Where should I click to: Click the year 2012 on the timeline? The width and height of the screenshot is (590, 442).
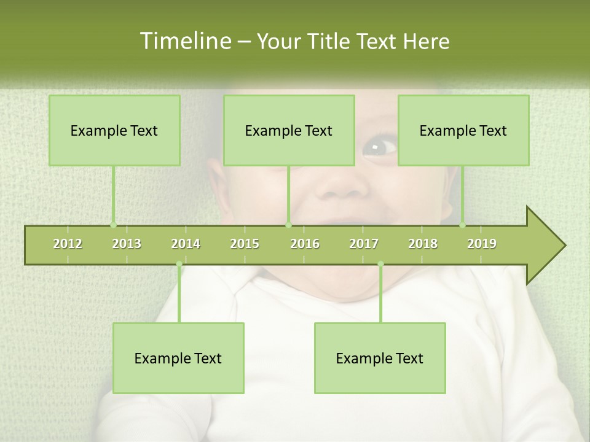(x=68, y=244)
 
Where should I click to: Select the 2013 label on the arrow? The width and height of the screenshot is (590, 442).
(x=127, y=244)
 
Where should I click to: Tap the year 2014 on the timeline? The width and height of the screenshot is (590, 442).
(x=186, y=244)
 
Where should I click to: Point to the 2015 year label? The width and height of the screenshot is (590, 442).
(x=245, y=244)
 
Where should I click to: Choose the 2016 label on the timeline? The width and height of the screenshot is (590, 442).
(x=305, y=244)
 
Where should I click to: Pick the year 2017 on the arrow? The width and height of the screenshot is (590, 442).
(x=364, y=244)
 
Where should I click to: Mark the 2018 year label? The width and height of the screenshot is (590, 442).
(x=423, y=244)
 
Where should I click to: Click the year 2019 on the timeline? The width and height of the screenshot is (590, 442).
(x=482, y=244)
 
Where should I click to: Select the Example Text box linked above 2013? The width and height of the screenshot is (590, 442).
(x=114, y=130)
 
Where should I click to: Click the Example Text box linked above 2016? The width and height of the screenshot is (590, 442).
(x=289, y=130)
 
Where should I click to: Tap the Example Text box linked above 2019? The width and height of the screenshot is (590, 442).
(x=463, y=130)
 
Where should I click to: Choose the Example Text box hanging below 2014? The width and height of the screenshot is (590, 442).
(x=178, y=358)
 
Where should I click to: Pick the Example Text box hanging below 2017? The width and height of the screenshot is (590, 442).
(x=380, y=358)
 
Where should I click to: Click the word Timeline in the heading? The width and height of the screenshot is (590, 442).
(x=184, y=41)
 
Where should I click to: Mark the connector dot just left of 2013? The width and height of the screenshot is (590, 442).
(x=113, y=225)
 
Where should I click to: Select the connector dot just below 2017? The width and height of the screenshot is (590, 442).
(x=380, y=264)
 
